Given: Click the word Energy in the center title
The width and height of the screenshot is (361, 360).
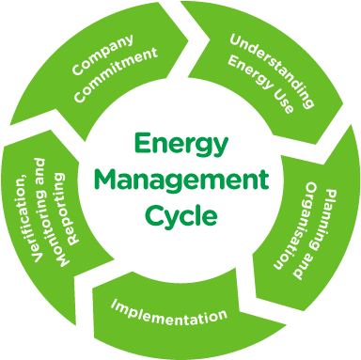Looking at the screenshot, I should (180, 145).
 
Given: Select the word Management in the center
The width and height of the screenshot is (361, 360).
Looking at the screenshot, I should (181, 180).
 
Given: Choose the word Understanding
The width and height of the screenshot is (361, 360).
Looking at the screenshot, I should (272, 62).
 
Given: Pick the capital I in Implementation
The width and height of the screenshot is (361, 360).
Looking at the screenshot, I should (114, 305).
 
